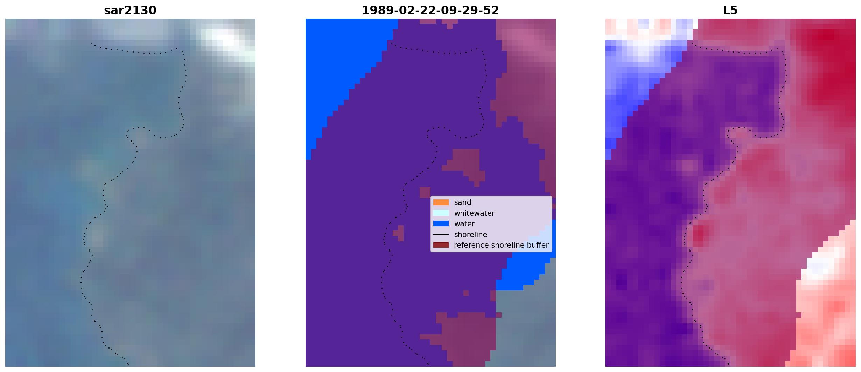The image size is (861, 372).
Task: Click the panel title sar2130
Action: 130,10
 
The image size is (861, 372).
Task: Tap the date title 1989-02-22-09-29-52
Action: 430,10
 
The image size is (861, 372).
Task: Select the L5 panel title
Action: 730,10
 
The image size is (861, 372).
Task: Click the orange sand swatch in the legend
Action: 441,202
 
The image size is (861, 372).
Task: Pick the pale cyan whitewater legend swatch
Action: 441,213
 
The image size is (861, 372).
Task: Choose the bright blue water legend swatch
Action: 441,223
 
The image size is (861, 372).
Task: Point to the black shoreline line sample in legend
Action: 441,234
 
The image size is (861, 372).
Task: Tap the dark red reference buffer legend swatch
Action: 441,245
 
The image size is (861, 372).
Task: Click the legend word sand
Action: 463,202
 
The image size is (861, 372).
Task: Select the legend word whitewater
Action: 474,213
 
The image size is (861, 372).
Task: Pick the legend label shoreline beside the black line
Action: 470,235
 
